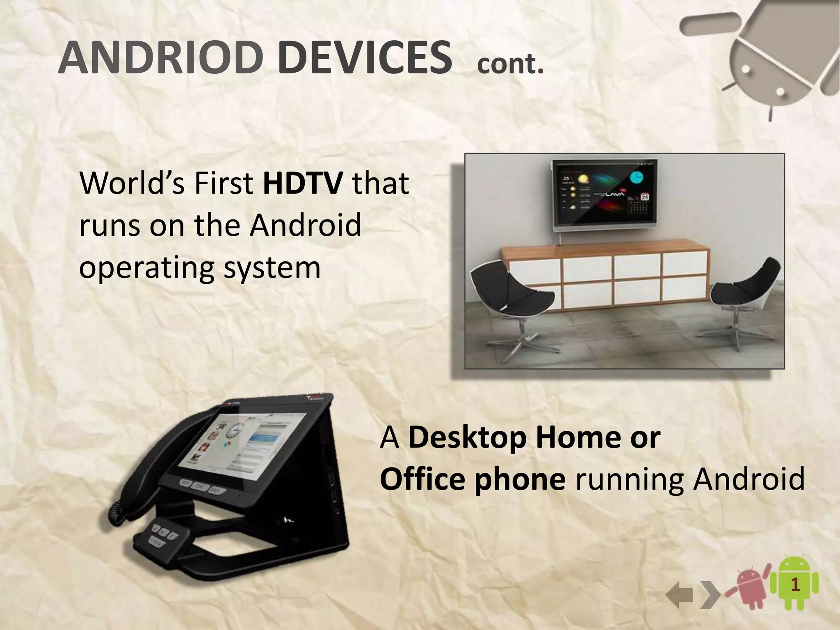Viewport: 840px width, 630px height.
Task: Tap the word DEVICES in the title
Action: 367,59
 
